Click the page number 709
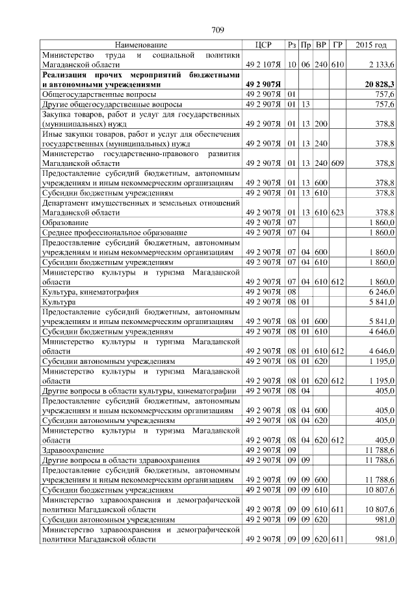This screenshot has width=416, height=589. (x=218, y=29)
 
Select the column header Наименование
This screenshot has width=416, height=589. (x=141, y=46)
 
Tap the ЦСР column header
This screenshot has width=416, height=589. (x=263, y=46)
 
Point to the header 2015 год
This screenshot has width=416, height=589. (x=372, y=46)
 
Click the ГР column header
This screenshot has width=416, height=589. (x=337, y=46)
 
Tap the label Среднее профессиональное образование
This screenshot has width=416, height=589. (x=114, y=232)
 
